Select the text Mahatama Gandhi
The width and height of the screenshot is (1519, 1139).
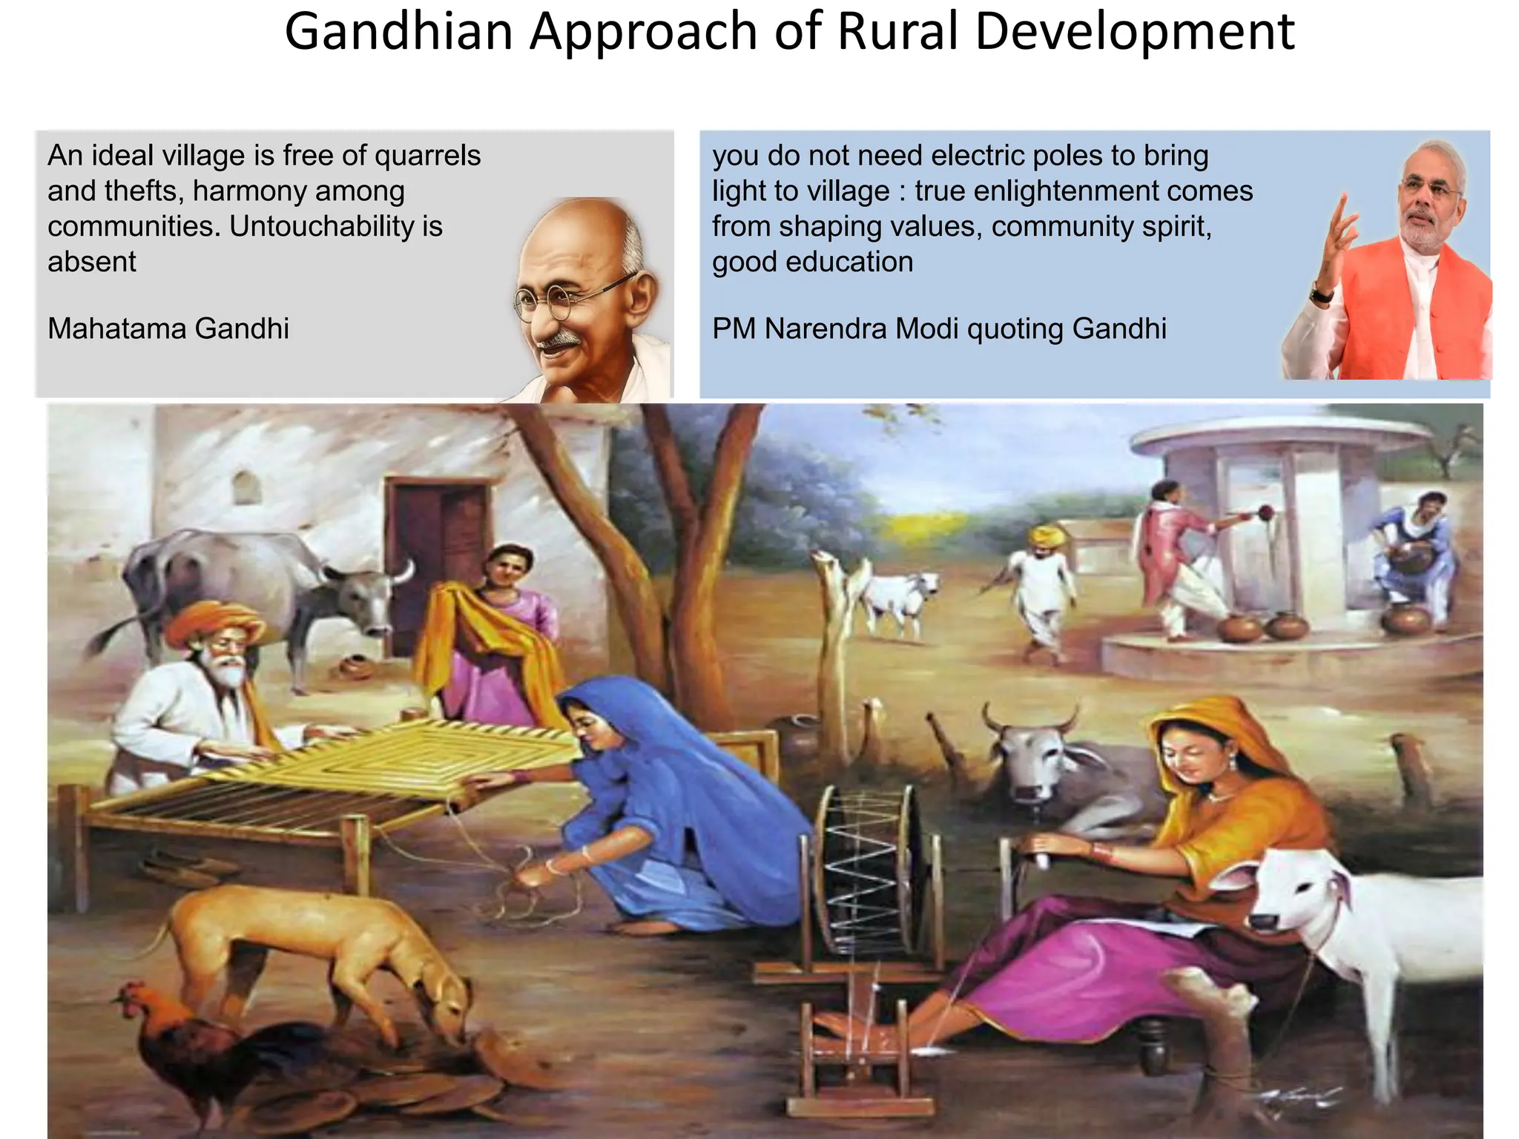168,329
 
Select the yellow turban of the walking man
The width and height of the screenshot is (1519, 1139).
1047,535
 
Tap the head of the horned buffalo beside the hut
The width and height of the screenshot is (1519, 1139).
371,593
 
